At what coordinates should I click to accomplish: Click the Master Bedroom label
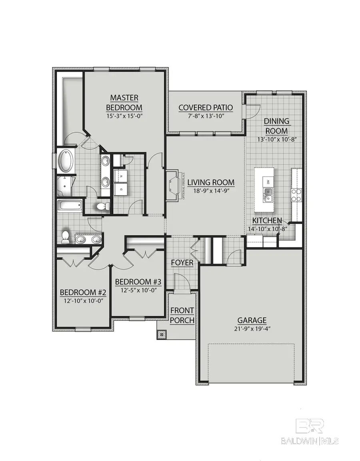(124, 103)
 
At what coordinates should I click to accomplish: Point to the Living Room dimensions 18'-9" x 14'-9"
(211, 192)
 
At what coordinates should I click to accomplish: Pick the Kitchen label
(267, 220)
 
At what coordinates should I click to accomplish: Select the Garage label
(252, 320)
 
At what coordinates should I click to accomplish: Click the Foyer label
(182, 263)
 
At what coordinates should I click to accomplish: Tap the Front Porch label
(182, 315)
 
